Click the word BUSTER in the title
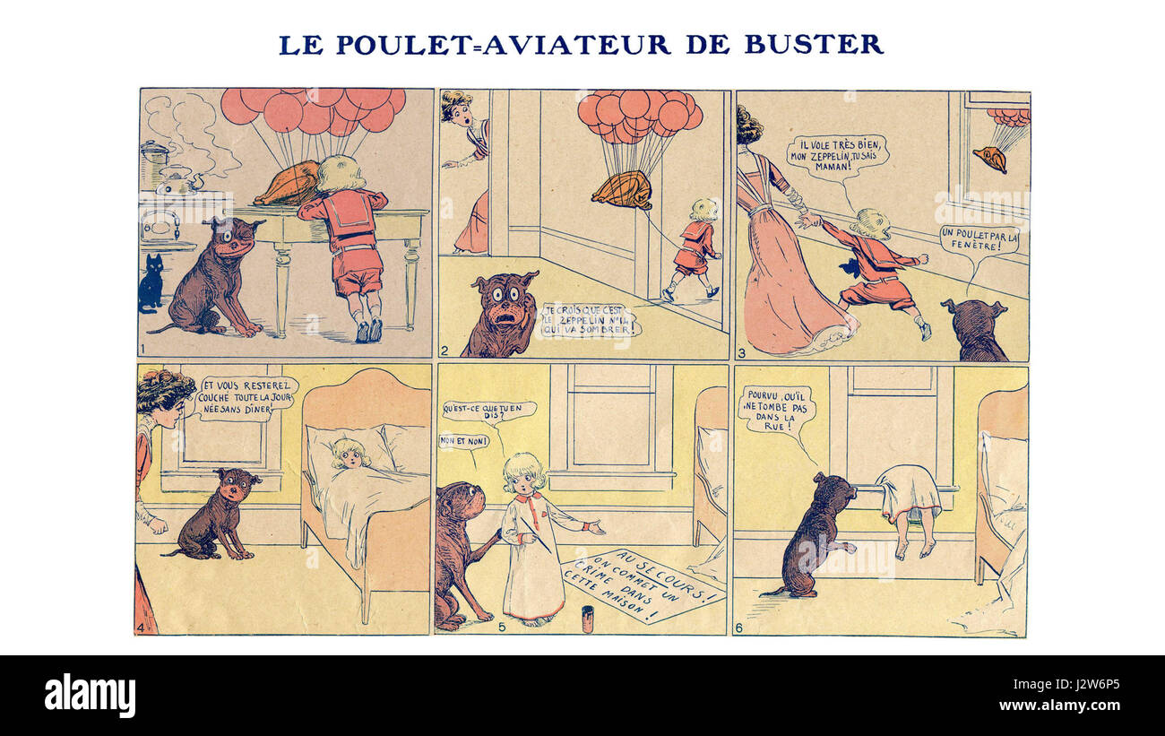pyautogui.click(x=813, y=44)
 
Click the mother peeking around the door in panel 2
pyautogui.click(x=468, y=170)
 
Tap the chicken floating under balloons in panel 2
pyautogui.click(x=622, y=190)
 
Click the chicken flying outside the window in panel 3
pyautogui.click(x=989, y=158)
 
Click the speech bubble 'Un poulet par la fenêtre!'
pyautogui.click(x=979, y=240)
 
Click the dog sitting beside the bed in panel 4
pyautogui.click(x=220, y=514)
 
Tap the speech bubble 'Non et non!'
pyautogui.click(x=463, y=441)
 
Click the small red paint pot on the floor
pyautogui.click(x=588, y=619)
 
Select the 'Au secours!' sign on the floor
pyautogui.click(x=643, y=585)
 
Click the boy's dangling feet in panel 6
pyautogui.click(x=911, y=545)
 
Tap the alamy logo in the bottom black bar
pyautogui.click(x=90, y=696)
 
